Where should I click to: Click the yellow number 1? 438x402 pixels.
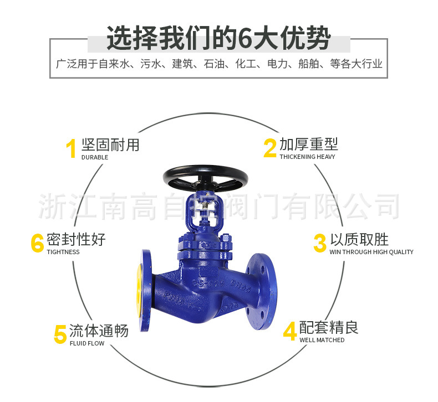71,149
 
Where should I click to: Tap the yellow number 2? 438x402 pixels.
269,148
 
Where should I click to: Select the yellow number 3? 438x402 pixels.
319,243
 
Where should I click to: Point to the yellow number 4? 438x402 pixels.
289,331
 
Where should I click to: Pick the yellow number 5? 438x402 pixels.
60,334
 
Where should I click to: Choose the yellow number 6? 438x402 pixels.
37,243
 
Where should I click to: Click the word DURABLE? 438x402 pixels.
94,157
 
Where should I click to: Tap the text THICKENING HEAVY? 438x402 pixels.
307,157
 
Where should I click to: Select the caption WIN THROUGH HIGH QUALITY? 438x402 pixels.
371,252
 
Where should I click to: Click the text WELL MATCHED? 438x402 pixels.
322,340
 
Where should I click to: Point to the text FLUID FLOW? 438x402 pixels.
86,343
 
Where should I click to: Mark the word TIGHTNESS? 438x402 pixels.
63,252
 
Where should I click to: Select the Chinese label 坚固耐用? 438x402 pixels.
110,145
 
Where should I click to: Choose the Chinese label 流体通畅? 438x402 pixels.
99,331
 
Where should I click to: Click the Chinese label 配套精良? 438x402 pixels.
329,327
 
